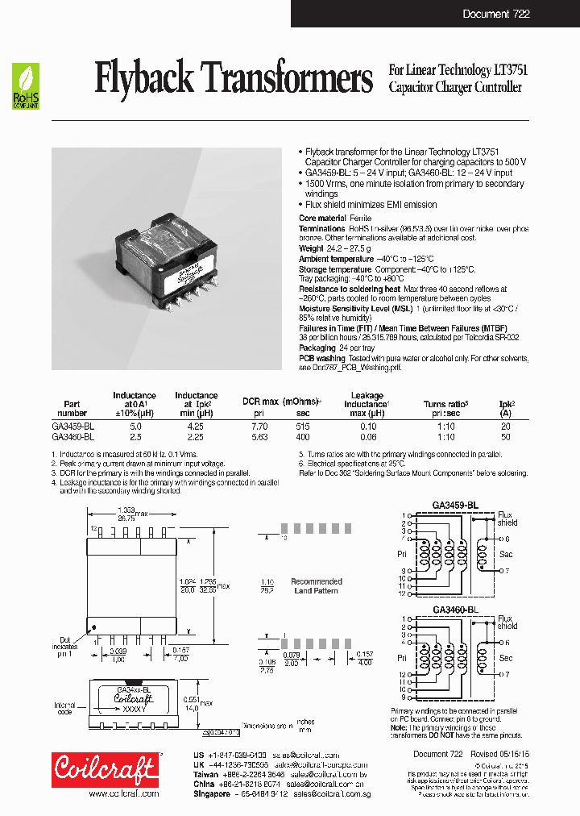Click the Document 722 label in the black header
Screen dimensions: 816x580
click(496, 15)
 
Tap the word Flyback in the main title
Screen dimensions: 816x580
click(144, 79)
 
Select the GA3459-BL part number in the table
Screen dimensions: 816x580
click(73, 425)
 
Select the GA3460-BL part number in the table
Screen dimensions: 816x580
click(73, 436)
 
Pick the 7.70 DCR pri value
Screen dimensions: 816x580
click(259, 425)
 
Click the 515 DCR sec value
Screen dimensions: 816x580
click(302, 425)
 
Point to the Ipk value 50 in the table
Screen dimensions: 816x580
click(506, 436)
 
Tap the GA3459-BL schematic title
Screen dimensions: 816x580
click(455, 505)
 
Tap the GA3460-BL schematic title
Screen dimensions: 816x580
click(455, 610)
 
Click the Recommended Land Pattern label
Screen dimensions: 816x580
click(317, 586)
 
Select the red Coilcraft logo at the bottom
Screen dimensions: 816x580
click(104, 769)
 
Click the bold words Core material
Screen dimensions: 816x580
click(322, 219)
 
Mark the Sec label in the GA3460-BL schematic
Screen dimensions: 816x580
click(506, 658)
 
